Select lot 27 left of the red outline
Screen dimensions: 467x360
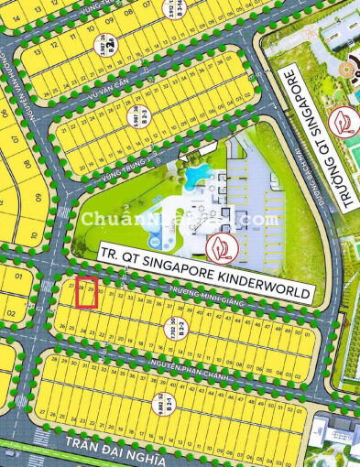point(71,287)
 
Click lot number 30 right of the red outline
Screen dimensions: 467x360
point(103,294)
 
